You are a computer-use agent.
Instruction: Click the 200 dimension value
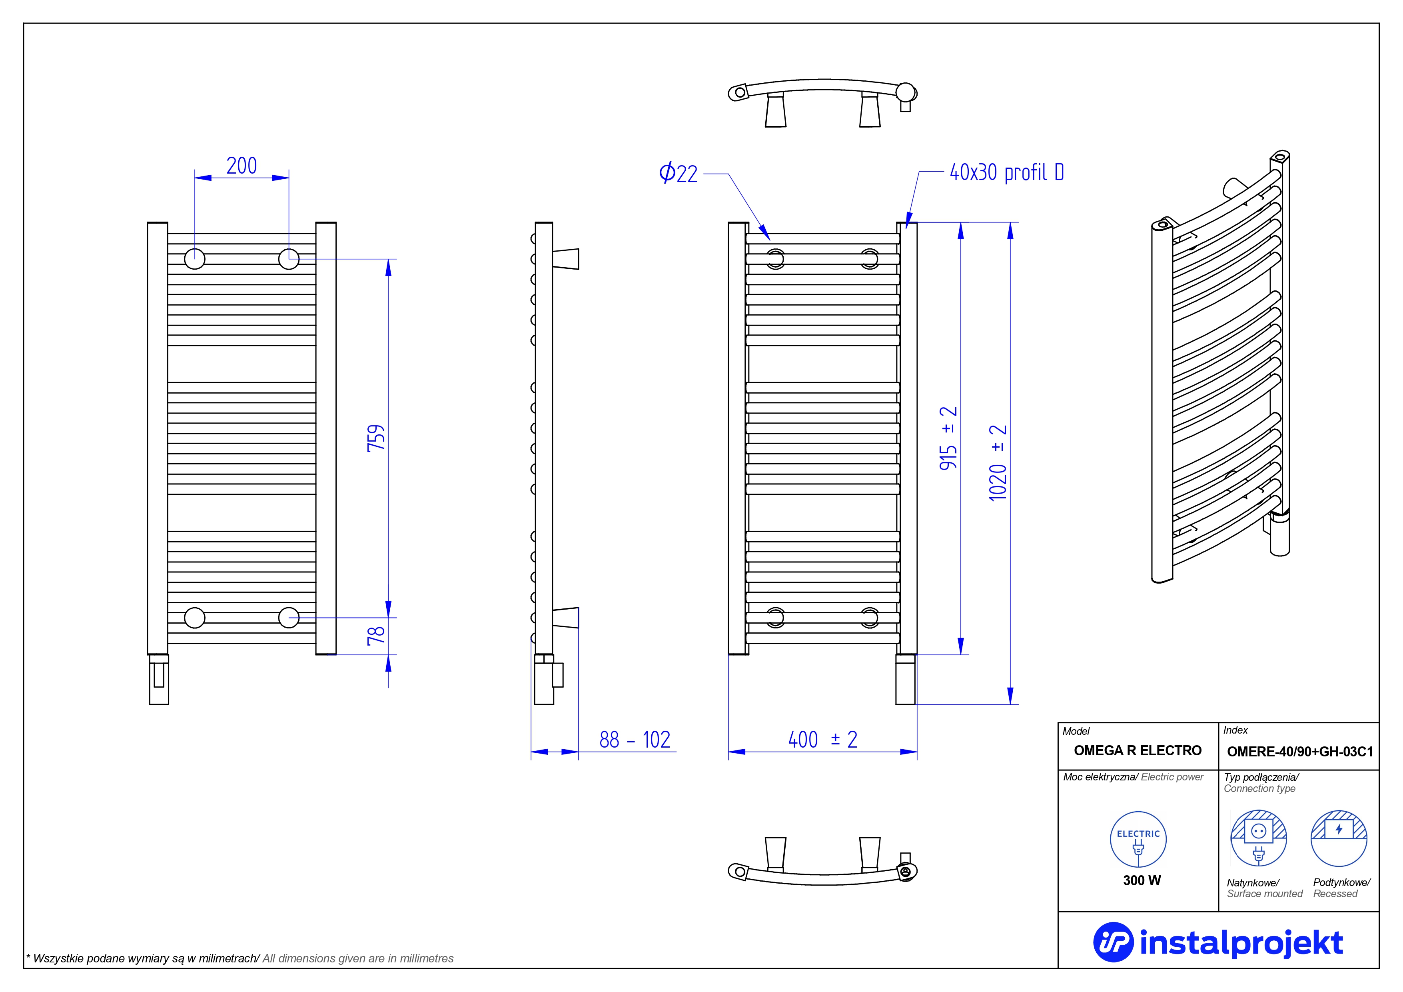[x=241, y=166]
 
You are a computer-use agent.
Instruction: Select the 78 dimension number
[x=376, y=636]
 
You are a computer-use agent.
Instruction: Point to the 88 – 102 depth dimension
[x=634, y=740]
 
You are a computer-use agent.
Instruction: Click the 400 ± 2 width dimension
[x=822, y=740]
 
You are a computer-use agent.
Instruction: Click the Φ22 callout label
[x=678, y=173]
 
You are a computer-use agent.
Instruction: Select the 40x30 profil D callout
[x=1006, y=172]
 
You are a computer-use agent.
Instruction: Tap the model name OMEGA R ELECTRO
[x=1137, y=750]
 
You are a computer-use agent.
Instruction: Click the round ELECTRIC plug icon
[x=1138, y=839]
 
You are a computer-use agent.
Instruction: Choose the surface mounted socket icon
[x=1258, y=838]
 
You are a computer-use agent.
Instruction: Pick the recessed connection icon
[x=1339, y=838]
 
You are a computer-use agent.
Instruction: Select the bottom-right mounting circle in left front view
[x=288, y=617]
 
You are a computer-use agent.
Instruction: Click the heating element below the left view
[x=159, y=679]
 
